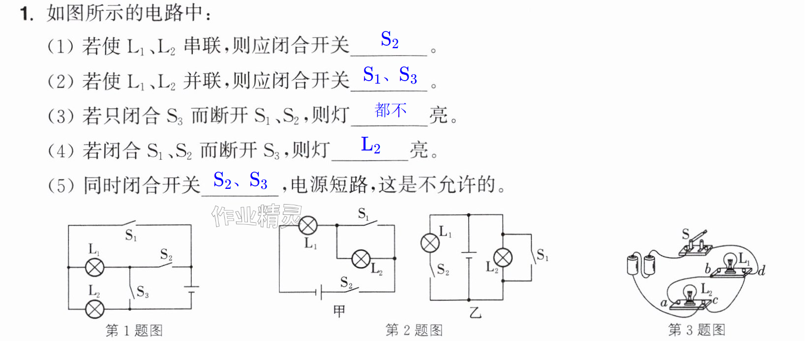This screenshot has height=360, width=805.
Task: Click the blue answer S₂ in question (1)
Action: click(x=389, y=39)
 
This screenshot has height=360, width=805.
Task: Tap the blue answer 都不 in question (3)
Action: click(x=390, y=110)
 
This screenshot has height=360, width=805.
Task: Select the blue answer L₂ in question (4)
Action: click(x=370, y=145)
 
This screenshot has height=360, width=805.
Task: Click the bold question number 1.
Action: click(x=27, y=14)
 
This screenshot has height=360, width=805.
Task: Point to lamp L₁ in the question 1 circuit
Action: click(x=94, y=268)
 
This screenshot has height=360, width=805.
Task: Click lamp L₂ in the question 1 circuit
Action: click(x=94, y=309)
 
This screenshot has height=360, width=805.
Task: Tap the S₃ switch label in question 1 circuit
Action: click(x=142, y=292)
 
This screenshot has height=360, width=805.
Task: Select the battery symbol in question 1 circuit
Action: click(x=191, y=289)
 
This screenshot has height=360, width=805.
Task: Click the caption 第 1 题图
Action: click(x=134, y=330)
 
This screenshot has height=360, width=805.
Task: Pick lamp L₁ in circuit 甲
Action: click(x=308, y=226)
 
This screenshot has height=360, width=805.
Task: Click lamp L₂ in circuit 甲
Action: click(x=361, y=259)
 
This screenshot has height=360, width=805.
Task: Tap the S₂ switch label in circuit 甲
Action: click(x=346, y=283)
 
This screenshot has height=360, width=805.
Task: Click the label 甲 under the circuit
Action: click(x=339, y=311)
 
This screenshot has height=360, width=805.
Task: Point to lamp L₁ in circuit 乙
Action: click(x=430, y=243)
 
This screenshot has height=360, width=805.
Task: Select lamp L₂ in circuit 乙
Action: click(x=503, y=258)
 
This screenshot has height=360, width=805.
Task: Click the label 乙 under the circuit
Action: click(x=475, y=312)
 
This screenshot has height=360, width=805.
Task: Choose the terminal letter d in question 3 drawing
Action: click(x=762, y=270)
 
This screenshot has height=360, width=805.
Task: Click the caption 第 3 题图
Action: click(x=696, y=330)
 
